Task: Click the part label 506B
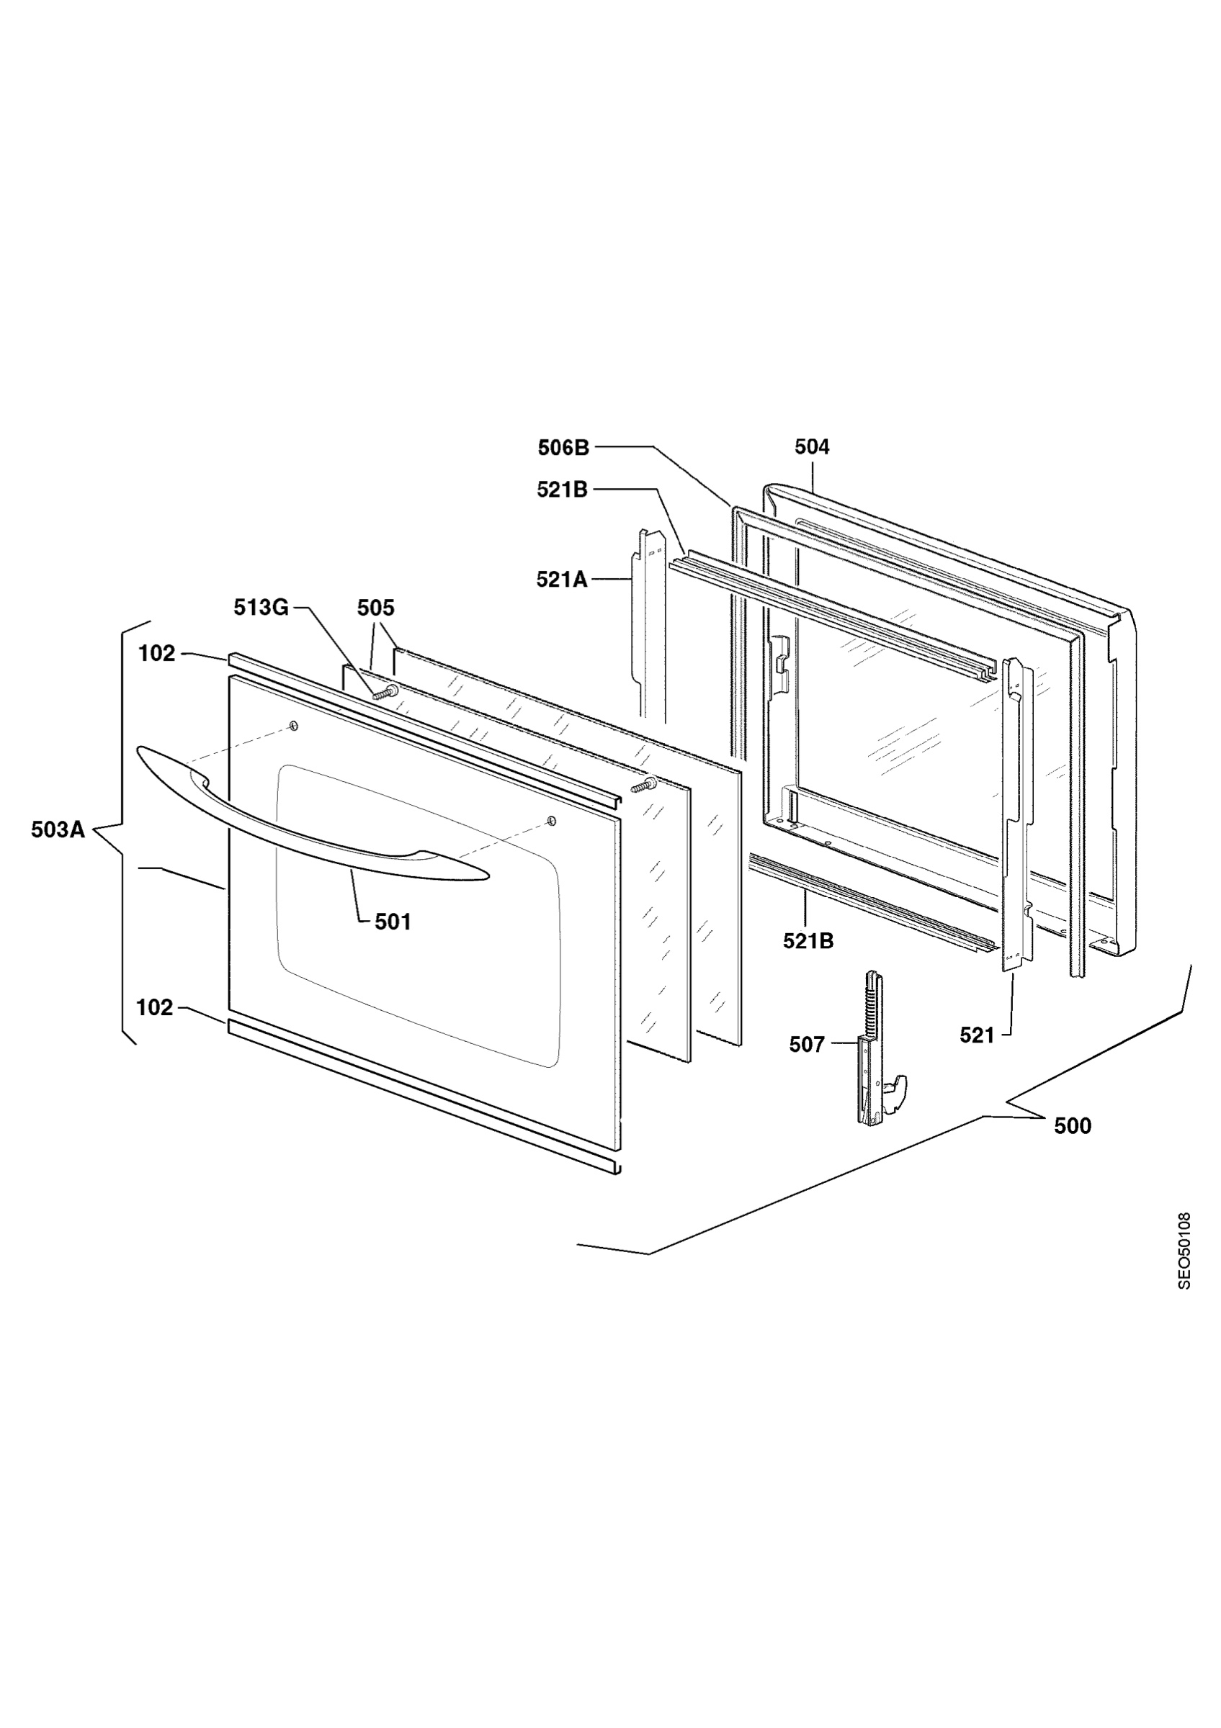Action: (x=563, y=447)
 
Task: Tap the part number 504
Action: (x=812, y=447)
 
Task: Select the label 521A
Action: (x=562, y=579)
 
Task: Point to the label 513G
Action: (x=261, y=608)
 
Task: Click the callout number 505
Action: (x=375, y=608)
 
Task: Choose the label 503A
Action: (x=58, y=830)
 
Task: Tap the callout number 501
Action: (x=393, y=921)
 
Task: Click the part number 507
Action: (x=807, y=1044)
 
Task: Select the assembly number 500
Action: (x=1073, y=1126)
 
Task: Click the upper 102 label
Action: (x=156, y=653)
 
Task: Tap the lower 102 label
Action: (x=155, y=1007)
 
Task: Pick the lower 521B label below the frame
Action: (x=808, y=941)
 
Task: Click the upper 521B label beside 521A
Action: (x=562, y=489)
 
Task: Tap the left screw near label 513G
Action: (x=385, y=693)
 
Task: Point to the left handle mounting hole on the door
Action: (x=294, y=726)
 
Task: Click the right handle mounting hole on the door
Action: (x=551, y=819)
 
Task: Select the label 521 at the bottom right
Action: (x=977, y=1035)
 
